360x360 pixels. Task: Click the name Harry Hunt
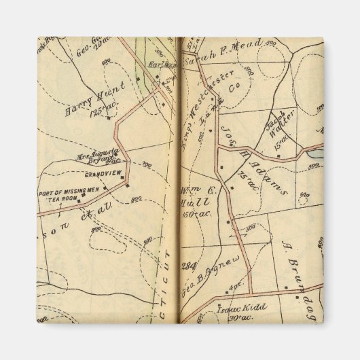click(86, 103)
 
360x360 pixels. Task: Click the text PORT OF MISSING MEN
click(64, 192)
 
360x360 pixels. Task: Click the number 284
click(188, 265)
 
